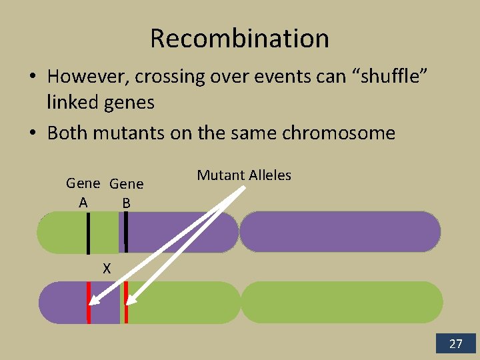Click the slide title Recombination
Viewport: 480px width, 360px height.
(x=239, y=38)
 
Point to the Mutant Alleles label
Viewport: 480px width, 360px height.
(x=244, y=175)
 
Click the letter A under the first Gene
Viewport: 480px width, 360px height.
(x=83, y=203)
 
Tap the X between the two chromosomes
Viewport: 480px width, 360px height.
(x=107, y=269)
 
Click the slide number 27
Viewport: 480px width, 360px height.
(x=456, y=344)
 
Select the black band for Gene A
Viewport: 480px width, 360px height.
(x=88, y=233)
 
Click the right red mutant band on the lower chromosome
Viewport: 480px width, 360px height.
(x=126, y=302)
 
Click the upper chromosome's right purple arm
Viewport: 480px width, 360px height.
(x=340, y=232)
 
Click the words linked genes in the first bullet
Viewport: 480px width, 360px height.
(x=101, y=102)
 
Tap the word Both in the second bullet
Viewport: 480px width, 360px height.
(x=67, y=133)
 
